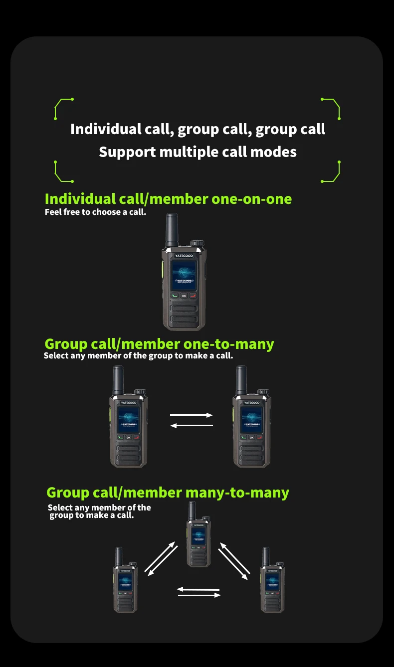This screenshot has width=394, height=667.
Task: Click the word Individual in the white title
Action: click(x=106, y=129)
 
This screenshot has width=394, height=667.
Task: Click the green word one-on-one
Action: click(x=251, y=199)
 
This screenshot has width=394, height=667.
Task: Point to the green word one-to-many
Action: click(x=228, y=344)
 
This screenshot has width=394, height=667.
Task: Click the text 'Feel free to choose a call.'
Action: click(x=95, y=212)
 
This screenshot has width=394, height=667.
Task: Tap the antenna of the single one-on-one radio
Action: click(x=172, y=230)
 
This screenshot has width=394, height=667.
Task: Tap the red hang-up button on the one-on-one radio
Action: click(x=193, y=296)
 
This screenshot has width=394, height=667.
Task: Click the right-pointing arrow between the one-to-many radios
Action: click(x=192, y=415)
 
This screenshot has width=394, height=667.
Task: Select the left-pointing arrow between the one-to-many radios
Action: click(x=192, y=425)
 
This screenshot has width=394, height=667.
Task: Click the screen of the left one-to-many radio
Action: click(x=128, y=419)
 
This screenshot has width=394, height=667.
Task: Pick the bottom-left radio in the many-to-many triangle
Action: click(x=125, y=583)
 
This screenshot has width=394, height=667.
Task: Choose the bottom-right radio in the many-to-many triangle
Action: click(x=272, y=583)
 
